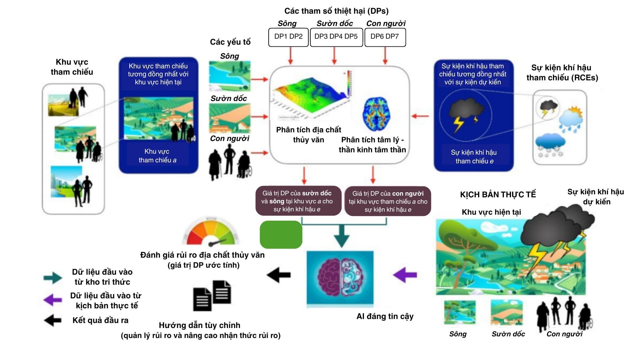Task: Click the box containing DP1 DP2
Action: (288, 37)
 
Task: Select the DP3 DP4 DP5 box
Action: (336, 37)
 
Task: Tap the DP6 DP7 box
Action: (385, 37)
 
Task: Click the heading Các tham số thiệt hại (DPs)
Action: (336, 11)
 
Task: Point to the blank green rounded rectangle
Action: (281, 235)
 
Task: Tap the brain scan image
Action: (376, 114)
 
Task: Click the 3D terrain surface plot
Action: (312, 95)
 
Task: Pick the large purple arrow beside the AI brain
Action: (405, 275)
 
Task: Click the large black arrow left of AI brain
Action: (279, 275)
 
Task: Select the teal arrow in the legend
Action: (53, 278)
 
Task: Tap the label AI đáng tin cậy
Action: (385, 316)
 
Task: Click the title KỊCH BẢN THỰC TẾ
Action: (498, 195)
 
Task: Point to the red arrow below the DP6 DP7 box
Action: (385, 55)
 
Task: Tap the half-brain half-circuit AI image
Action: (340, 278)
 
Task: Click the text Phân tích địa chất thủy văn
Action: (309, 135)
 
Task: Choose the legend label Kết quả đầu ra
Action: (100, 320)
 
